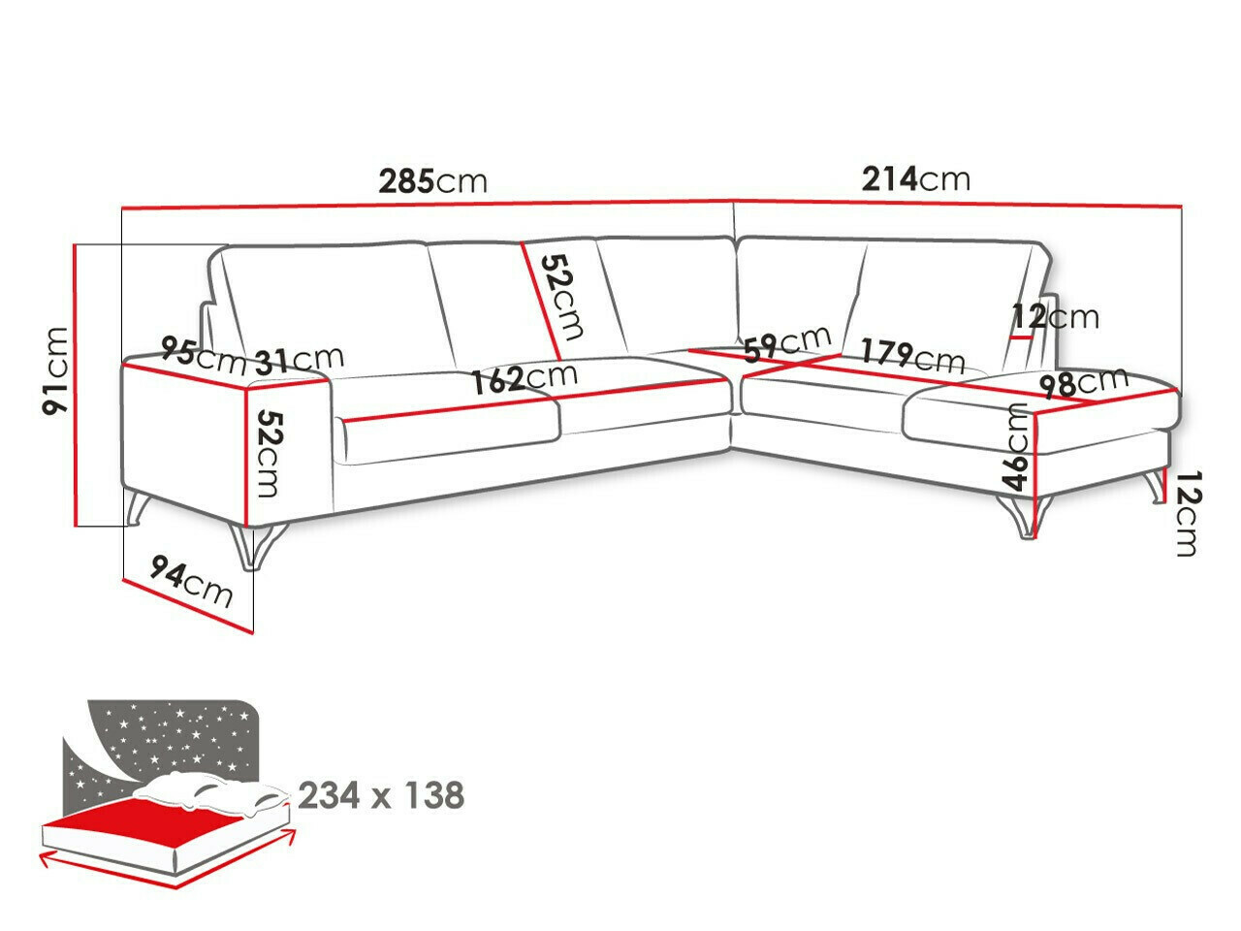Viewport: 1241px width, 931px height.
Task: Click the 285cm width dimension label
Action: pos(432,181)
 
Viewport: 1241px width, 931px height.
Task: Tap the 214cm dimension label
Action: pos(915,178)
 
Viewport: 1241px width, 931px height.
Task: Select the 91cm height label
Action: pos(56,370)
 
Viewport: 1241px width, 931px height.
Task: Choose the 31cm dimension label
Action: pos(299,360)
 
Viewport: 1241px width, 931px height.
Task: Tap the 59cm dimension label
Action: pos(787,342)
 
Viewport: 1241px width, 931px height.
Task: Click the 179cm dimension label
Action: pos(911,355)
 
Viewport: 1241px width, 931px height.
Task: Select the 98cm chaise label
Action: pos(1083,382)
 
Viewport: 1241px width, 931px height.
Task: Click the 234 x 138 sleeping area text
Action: pos(381,795)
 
